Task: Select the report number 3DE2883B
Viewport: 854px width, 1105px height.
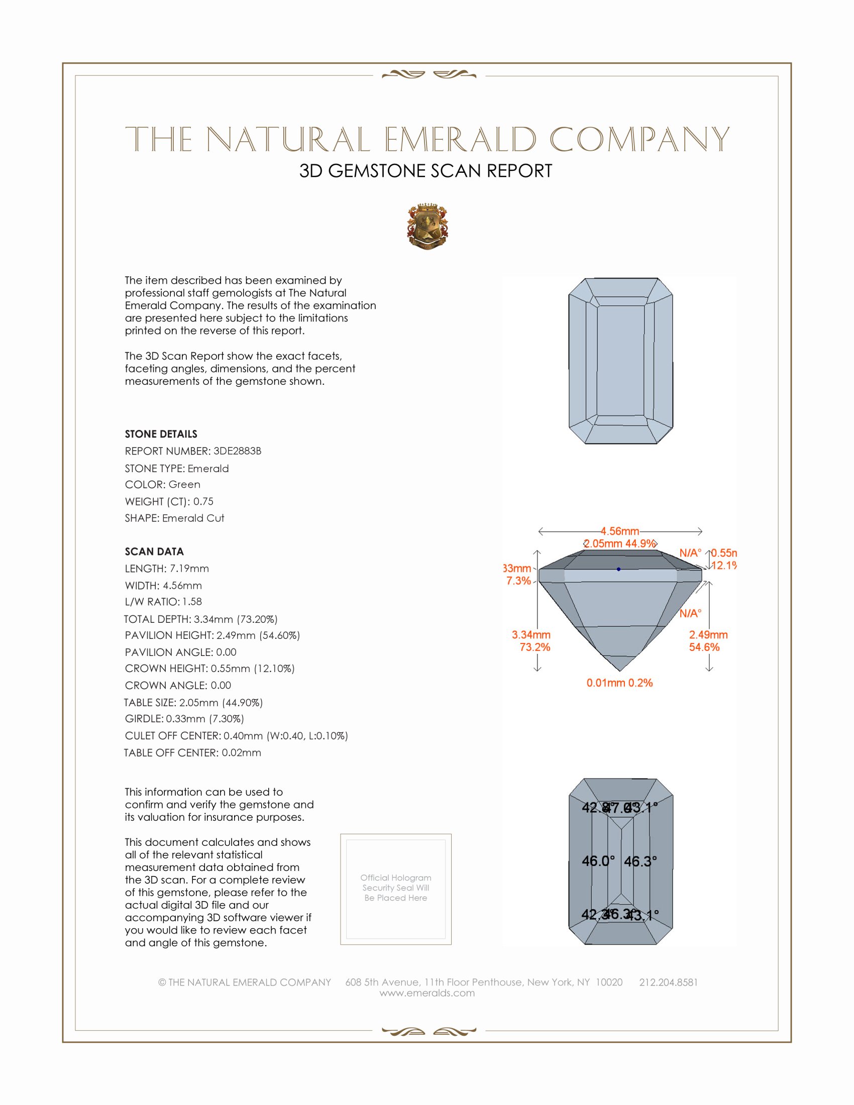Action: tap(237, 451)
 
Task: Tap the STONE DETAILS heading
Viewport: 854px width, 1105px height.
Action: tap(161, 434)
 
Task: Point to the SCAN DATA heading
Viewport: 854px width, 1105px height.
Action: tap(154, 551)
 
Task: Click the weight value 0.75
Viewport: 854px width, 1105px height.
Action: tap(203, 501)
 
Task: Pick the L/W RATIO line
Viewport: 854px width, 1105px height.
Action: tap(163, 602)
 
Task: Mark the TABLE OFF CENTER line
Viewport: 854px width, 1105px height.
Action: tap(193, 753)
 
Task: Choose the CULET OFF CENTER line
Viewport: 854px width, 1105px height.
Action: tap(236, 736)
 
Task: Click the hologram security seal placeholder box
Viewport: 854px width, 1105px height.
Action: tap(396, 889)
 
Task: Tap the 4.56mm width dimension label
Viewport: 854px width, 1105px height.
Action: tap(620, 531)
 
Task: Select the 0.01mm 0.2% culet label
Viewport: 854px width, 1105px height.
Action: tap(619, 683)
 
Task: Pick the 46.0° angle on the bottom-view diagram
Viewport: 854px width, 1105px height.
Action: tap(598, 860)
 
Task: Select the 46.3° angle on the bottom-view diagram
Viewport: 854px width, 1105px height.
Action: tap(640, 861)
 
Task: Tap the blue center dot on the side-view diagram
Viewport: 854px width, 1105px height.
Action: tap(618, 569)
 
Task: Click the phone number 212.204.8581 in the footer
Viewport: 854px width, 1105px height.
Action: tap(668, 982)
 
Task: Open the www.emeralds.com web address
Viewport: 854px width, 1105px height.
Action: tap(427, 993)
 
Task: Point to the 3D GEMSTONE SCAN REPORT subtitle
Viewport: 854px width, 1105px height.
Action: tap(425, 171)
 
